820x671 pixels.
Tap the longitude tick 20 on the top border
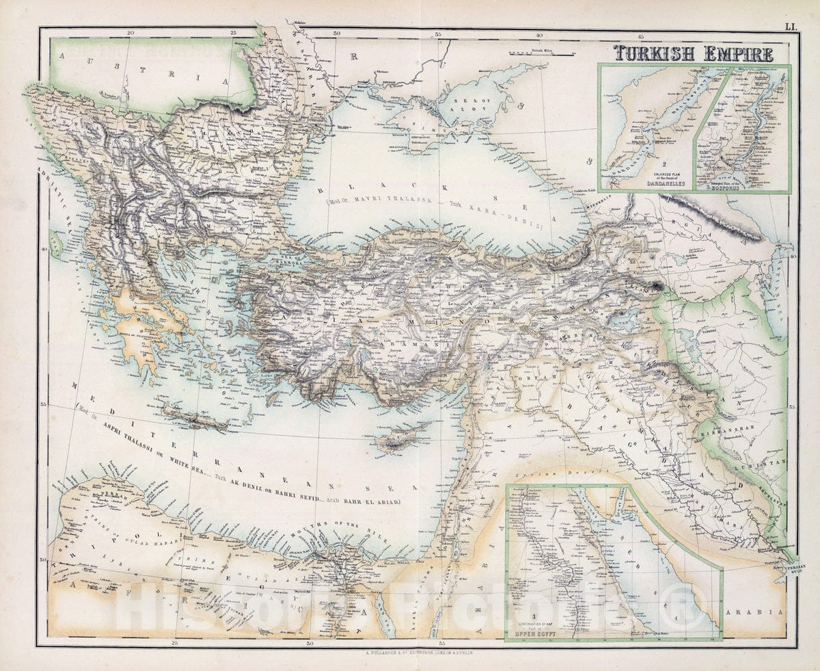(x=131, y=33)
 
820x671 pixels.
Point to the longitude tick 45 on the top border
(x=641, y=36)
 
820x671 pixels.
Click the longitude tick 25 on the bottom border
(x=176, y=642)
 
